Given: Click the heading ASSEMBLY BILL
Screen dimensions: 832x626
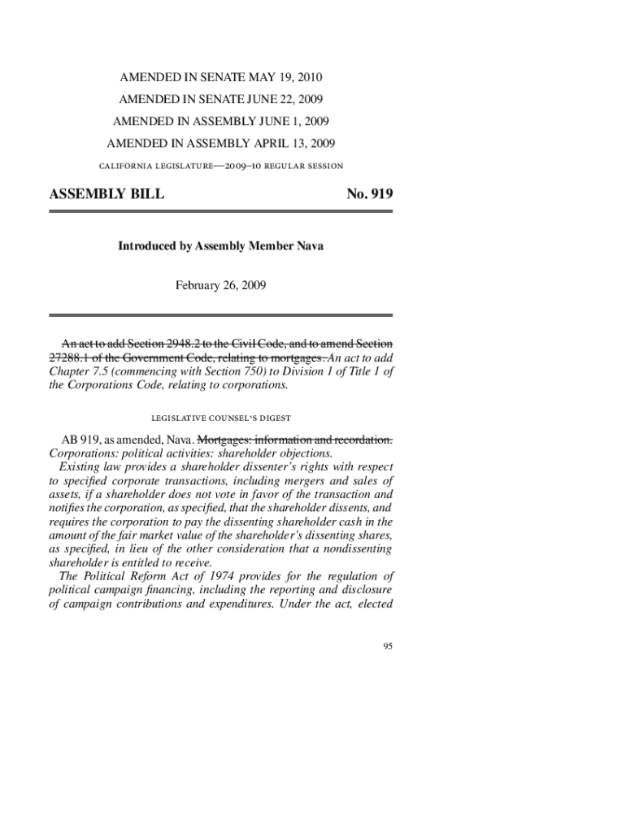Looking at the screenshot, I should pos(107,195).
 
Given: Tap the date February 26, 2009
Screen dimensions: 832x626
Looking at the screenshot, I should pos(220,285).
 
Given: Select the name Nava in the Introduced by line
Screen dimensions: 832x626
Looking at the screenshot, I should pos(308,245).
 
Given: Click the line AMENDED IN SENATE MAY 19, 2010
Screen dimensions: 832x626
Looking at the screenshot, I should pos(221,78).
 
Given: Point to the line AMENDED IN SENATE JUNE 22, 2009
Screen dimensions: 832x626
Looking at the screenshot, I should pos(221,100).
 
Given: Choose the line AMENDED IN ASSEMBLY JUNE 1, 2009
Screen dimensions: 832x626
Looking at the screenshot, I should pos(221,122).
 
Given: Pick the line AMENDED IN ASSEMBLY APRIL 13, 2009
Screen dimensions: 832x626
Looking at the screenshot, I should pos(221,144).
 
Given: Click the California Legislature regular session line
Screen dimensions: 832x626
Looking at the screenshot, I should pos(221,167).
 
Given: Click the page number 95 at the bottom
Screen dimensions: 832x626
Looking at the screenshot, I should pos(388,647).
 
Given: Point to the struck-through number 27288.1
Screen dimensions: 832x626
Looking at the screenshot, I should pos(74,357).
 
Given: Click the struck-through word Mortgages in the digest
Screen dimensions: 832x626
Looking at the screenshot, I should pos(224,439).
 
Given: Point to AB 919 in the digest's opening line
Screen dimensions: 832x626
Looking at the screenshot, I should pos(81,439).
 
